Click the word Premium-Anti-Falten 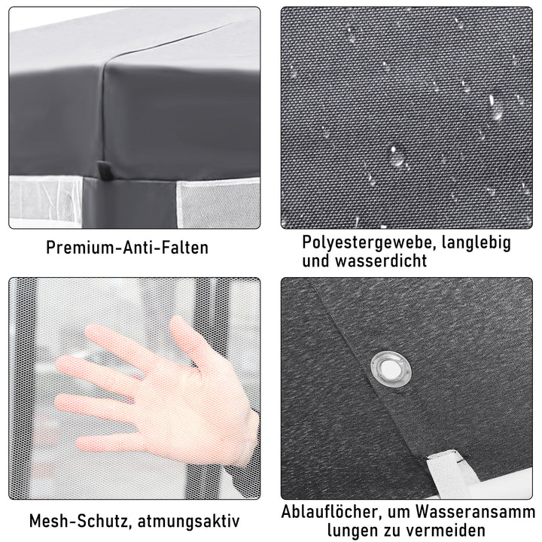point(126,248)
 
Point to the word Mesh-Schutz point(78,520)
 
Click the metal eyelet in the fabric point(388,368)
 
